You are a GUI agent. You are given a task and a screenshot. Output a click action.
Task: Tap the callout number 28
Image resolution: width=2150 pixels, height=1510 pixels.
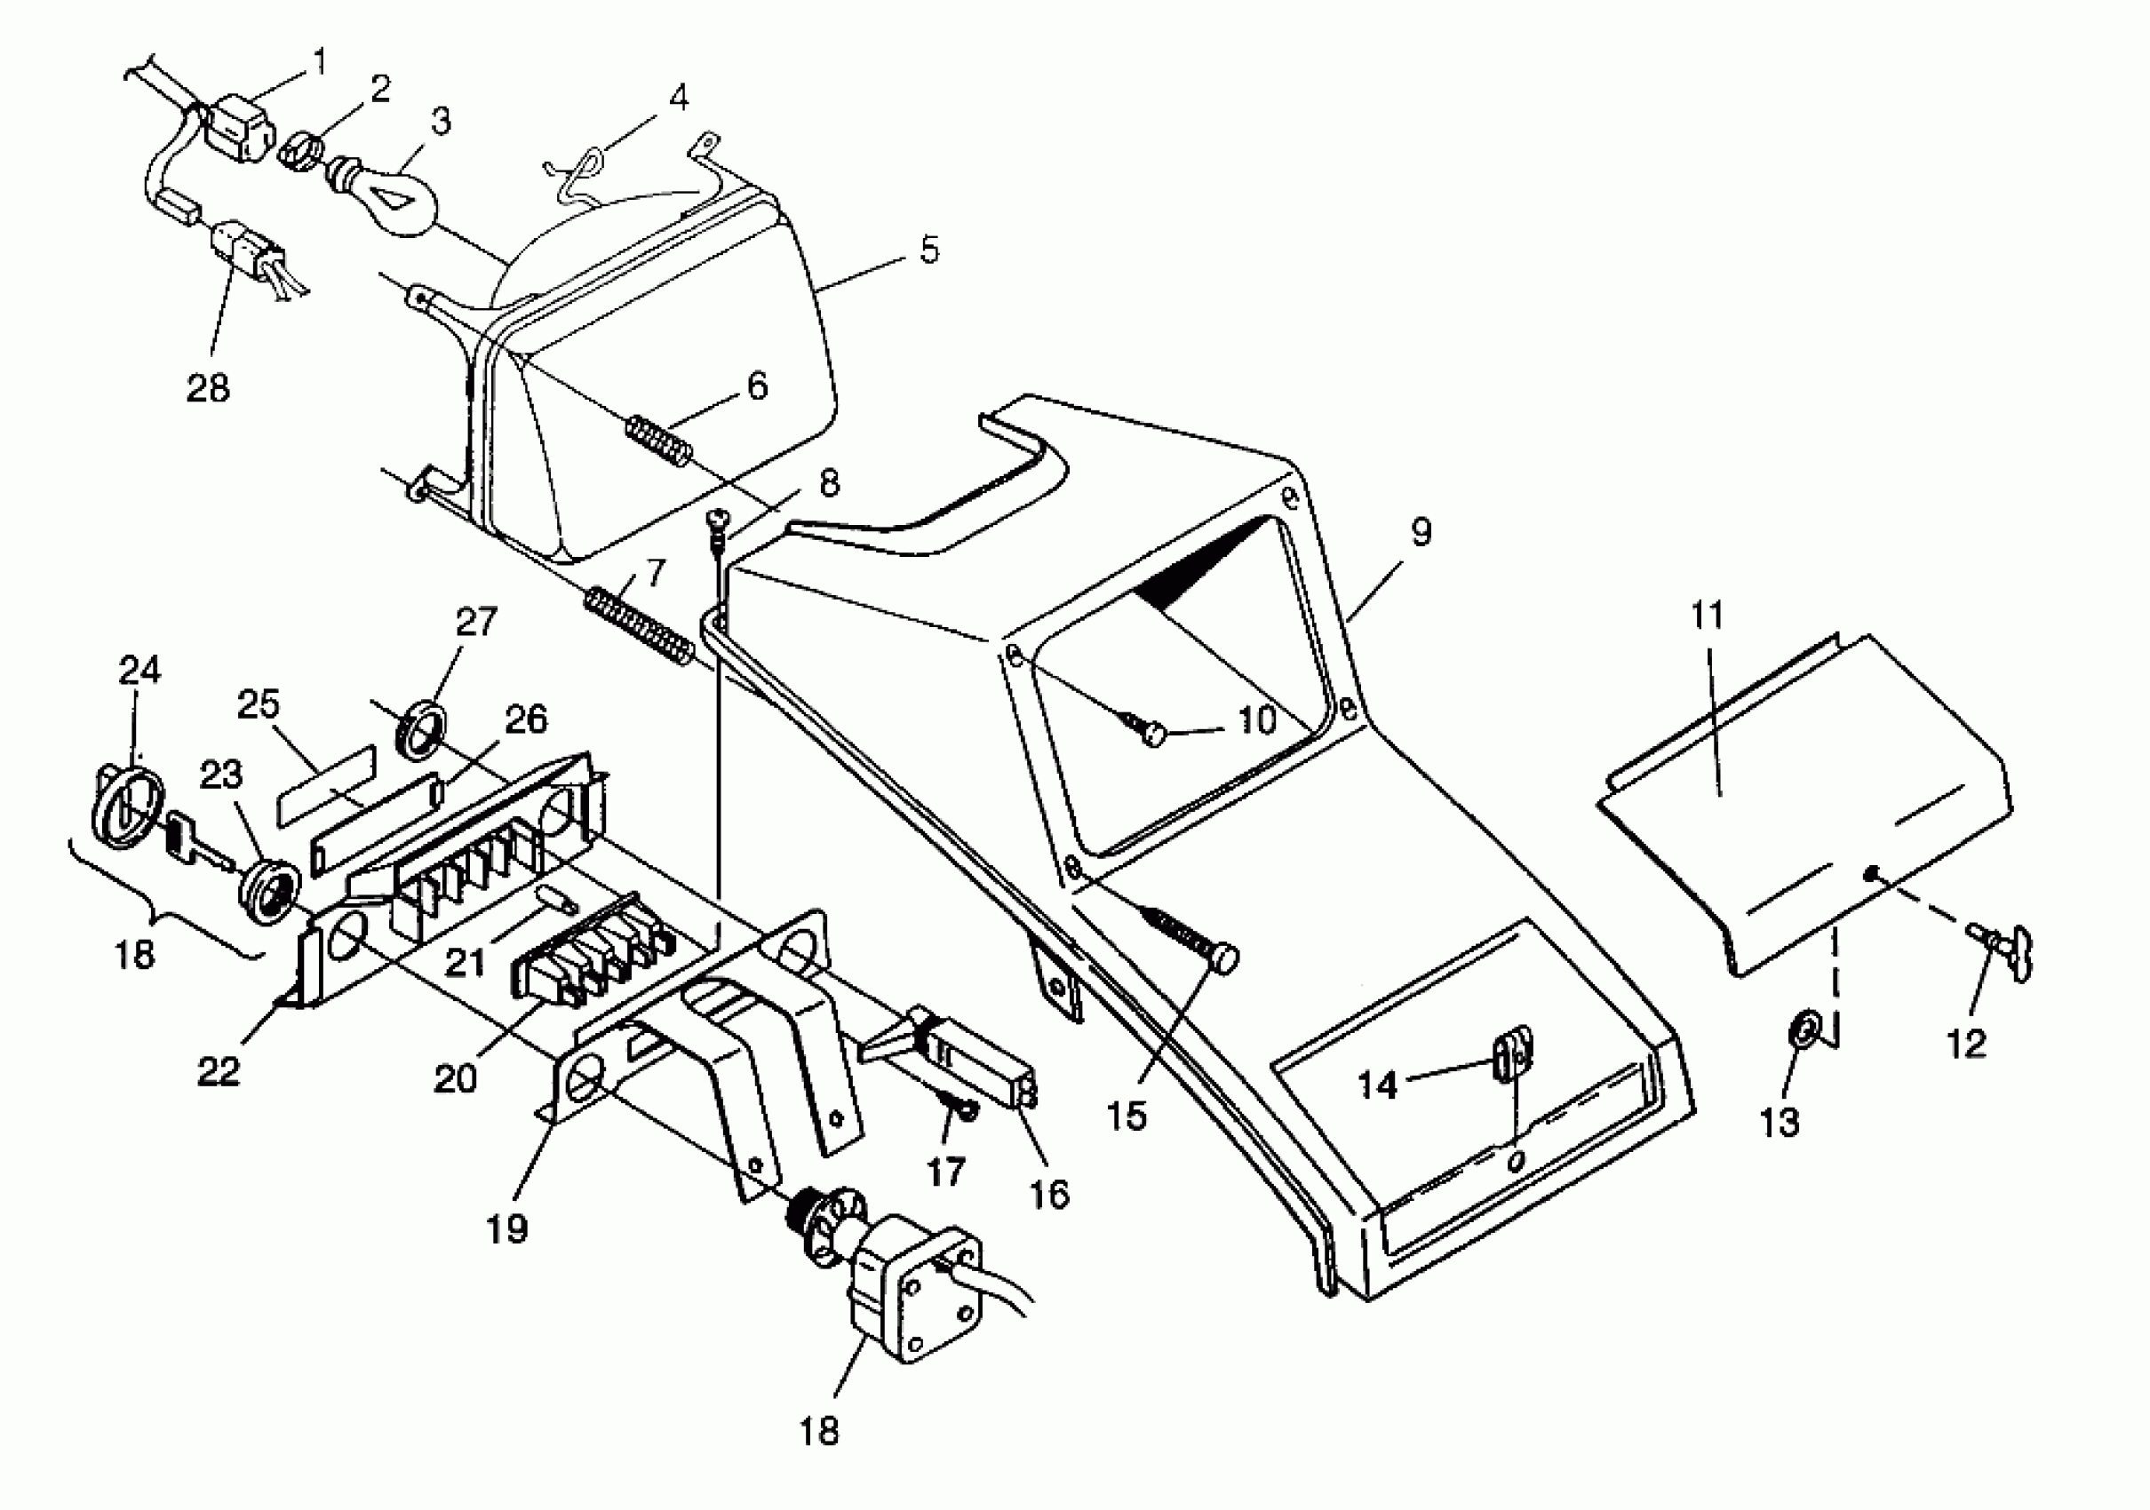(208, 387)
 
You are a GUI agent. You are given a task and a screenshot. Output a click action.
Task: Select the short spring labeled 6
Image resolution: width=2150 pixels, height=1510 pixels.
(659, 439)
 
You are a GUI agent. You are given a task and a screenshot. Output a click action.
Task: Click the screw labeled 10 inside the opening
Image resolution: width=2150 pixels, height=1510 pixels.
(1145, 729)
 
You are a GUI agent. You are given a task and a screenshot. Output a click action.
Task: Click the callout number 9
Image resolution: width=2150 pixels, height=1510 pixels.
(1421, 532)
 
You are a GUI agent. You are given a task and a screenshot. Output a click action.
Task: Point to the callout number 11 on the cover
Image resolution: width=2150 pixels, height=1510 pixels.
(1707, 615)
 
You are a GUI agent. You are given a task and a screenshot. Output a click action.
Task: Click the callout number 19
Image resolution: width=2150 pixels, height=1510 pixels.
(506, 1228)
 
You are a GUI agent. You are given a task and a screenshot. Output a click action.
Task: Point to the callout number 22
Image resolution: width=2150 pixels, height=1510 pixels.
(219, 1070)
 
